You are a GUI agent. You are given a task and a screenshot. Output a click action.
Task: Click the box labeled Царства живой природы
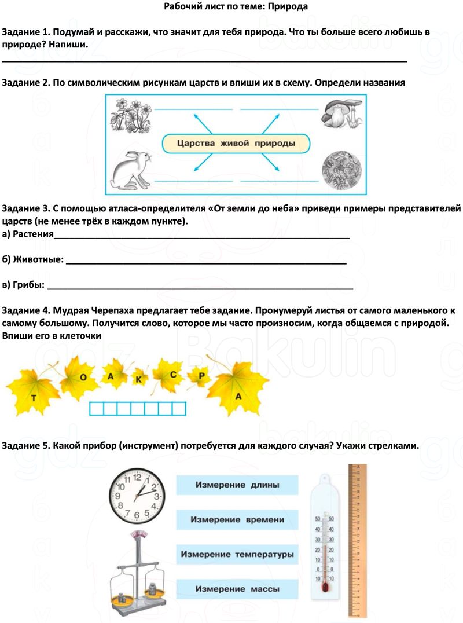235,143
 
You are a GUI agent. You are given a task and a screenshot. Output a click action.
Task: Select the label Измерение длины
237,485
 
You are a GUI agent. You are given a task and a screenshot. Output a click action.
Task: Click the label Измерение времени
237,520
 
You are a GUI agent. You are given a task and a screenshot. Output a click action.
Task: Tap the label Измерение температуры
237,555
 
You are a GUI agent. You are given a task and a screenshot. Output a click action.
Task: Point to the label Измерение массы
237,589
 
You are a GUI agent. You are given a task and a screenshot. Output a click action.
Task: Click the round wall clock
137,496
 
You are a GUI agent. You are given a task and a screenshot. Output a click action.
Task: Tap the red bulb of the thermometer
324,587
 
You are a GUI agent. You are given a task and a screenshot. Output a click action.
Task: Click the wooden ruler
358,538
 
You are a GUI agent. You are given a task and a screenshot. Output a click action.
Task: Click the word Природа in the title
292,6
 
